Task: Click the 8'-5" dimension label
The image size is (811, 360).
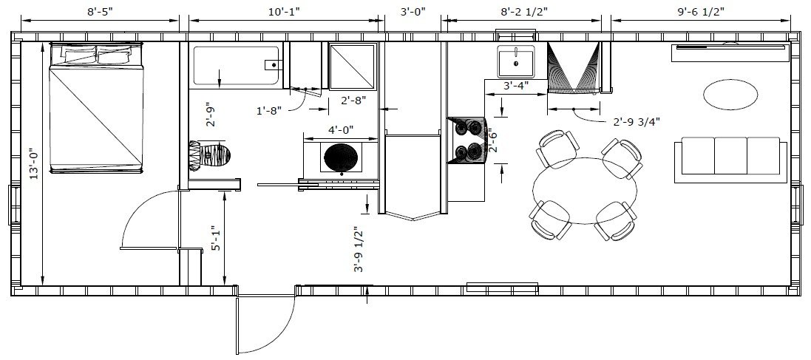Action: click(99, 11)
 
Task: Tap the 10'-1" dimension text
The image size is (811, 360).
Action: click(284, 11)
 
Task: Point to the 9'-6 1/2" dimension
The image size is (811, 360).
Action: click(701, 11)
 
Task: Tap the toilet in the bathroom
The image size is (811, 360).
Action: click(209, 154)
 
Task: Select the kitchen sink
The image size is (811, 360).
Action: click(516, 61)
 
